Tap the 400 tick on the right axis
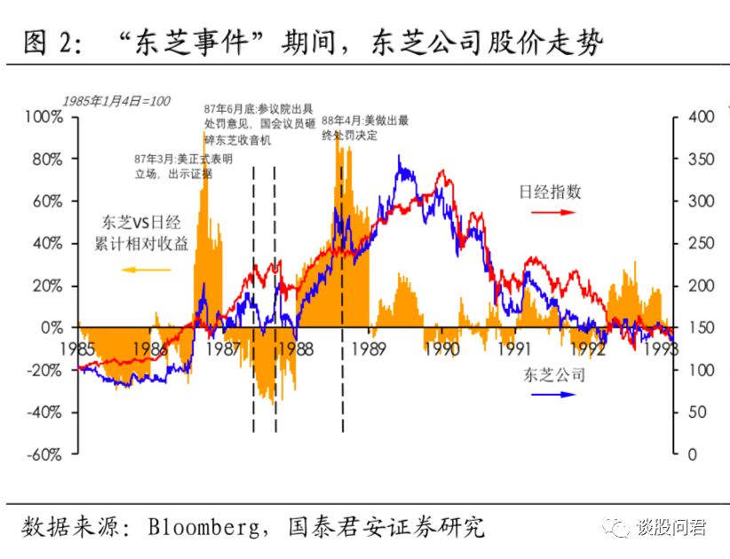click(x=695, y=117)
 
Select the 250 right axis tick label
click(x=695, y=243)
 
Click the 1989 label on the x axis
click(x=368, y=348)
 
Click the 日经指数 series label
click(x=551, y=191)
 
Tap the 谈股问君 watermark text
click(x=671, y=528)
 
